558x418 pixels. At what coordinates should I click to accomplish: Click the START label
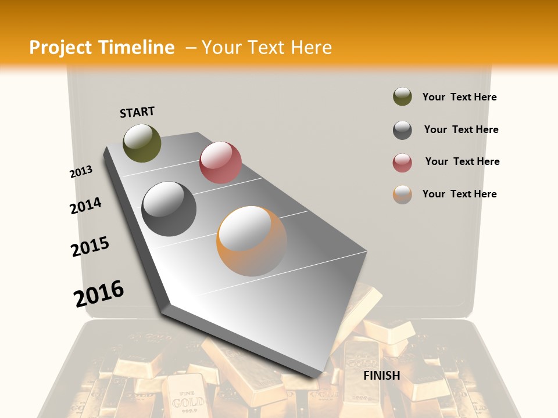pyautogui.click(x=137, y=112)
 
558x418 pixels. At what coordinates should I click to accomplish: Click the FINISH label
pyautogui.click(x=382, y=376)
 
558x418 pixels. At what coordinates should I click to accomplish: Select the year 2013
pyautogui.click(x=81, y=172)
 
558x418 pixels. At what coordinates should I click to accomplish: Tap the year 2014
pyautogui.click(x=85, y=206)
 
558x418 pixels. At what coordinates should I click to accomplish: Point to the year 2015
pyautogui.click(x=90, y=247)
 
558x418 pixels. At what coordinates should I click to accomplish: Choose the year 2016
pyautogui.click(x=99, y=293)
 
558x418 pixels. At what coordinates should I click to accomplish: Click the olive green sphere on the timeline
pyautogui.click(x=142, y=143)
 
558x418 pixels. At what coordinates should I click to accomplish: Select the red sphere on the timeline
pyautogui.click(x=220, y=162)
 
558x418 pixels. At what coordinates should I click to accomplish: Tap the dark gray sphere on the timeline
pyautogui.click(x=169, y=208)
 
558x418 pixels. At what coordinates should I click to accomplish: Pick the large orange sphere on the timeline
pyautogui.click(x=251, y=241)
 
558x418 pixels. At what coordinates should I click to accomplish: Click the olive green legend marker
pyautogui.click(x=402, y=96)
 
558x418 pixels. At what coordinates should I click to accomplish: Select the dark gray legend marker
pyautogui.click(x=402, y=130)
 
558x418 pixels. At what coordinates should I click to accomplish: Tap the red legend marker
pyautogui.click(x=402, y=163)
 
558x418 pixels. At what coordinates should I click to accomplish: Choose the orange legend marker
pyautogui.click(x=402, y=194)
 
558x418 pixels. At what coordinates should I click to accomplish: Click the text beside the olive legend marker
pyautogui.click(x=459, y=97)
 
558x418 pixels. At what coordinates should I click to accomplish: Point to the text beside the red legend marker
pyautogui.click(x=462, y=161)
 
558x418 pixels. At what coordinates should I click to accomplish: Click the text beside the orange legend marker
pyautogui.click(x=459, y=194)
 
